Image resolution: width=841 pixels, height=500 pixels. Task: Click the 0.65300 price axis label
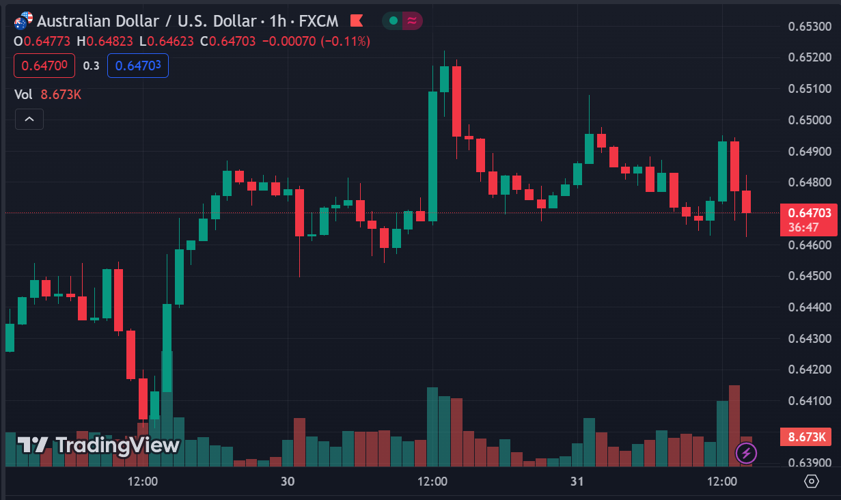click(x=810, y=27)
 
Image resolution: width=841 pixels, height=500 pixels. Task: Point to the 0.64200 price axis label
click(x=810, y=370)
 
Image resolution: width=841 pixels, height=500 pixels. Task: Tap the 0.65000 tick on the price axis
click(x=810, y=120)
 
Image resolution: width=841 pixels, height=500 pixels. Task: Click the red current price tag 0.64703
click(x=809, y=213)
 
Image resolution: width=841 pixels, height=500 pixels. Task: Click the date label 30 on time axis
click(x=288, y=482)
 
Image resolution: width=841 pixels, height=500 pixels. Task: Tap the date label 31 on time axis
click(x=577, y=482)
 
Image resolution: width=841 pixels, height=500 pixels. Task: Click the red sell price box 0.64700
click(x=44, y=66)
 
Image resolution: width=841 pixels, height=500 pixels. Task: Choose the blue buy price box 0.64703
click(x=138, y=66)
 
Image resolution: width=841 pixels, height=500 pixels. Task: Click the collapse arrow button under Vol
click(x=29, y=120)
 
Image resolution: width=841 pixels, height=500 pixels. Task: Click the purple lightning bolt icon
click(x=746, y=452)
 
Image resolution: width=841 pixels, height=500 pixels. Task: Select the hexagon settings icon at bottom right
click(x=812, y=482)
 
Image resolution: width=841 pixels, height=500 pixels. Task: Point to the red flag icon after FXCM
click(x=357, y=21)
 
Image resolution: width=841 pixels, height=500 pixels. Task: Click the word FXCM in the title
click(x=319, y=21)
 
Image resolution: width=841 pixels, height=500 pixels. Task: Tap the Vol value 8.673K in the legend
click(x=61, y=95)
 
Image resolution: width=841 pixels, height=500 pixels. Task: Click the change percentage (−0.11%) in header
click(x=346, y=41)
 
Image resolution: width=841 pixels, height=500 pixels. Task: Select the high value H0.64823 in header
click(x=106, y=41)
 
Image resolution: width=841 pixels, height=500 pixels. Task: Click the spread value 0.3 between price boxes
click(x=91, y=66)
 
